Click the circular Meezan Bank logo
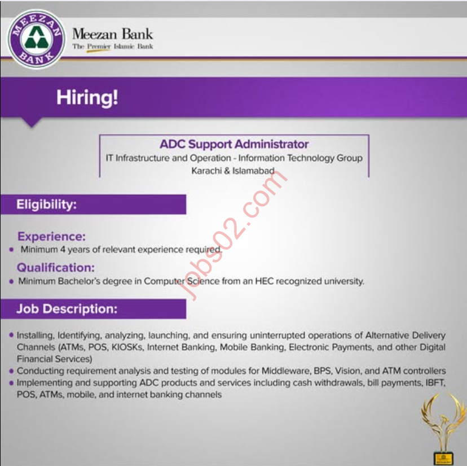(36, 38)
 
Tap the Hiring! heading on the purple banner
(87, 97)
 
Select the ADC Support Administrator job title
(234, 145)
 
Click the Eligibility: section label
(46, 204)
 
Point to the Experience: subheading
(51, 237)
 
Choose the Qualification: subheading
(55, 267)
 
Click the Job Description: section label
(67, 309)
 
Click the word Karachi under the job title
(206, 170)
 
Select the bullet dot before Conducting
(11, 371)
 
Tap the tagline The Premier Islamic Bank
(113, 46)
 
